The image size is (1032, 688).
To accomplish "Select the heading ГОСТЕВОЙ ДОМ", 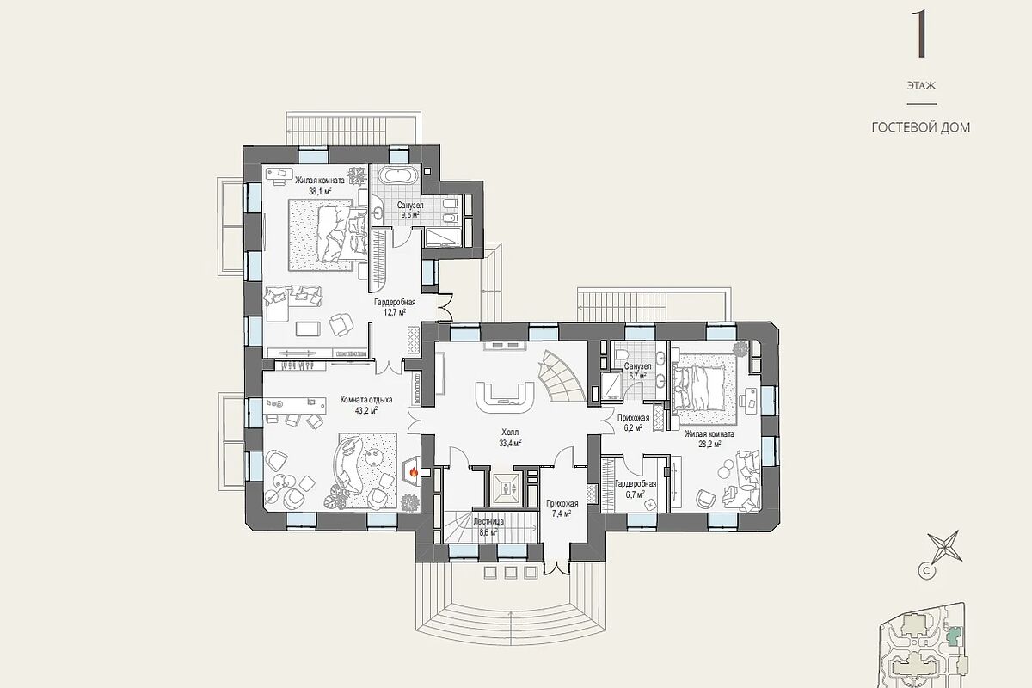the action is point(921,127).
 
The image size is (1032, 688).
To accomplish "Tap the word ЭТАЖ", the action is point(921,86).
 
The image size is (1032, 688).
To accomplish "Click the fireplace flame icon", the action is point(414,471).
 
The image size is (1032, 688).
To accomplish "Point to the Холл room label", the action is point(510,433).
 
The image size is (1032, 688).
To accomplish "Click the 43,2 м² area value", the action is point(366,410).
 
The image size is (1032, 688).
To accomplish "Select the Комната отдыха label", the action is point(366,400).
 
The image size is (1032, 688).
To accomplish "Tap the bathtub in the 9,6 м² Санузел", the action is point(399,175).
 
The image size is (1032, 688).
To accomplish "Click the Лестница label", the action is point(488,522).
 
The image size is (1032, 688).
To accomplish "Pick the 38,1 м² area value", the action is point(320,191).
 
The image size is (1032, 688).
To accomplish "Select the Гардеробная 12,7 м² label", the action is point(395,307).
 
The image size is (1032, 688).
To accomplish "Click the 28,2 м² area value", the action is point(709,444).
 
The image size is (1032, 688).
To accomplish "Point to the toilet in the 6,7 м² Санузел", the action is point(622,354).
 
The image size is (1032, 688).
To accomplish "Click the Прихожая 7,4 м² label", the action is point(562,509).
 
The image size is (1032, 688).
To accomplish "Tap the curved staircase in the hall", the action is point(561,376).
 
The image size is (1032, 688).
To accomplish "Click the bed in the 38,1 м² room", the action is point(328,235).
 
